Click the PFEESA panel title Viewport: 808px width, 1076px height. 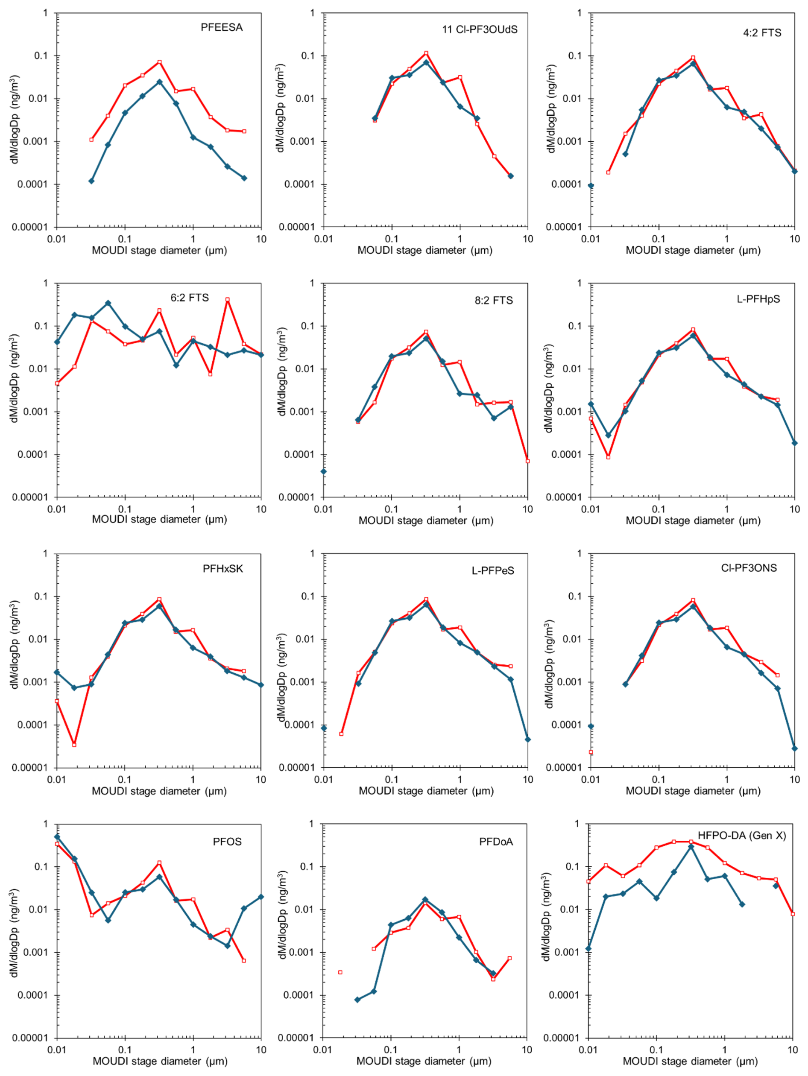coord(221,28)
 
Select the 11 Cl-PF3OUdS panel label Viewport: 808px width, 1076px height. coord(479,29)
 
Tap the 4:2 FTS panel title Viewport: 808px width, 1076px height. coord(762,33)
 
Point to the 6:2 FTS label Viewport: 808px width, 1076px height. coord(189,298)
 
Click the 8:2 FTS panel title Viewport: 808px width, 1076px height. coord(493,301)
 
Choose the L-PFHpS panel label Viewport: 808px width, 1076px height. coord(758,299)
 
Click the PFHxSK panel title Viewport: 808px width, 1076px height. coord(223,569)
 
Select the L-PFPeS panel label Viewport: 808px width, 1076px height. coord(492,570)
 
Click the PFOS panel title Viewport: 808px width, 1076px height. coord(227,842)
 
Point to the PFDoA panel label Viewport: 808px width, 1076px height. coord(496,842)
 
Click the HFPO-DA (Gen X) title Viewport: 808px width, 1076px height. coord(741,836)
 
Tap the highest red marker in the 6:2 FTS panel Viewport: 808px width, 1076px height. coord(227,300)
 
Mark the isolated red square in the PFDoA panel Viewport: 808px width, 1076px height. coord(340,972)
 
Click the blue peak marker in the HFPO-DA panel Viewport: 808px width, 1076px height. coord(691,847)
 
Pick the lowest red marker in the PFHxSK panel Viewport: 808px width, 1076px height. coord(74,745)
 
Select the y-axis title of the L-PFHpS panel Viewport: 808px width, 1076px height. coord(549,388)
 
